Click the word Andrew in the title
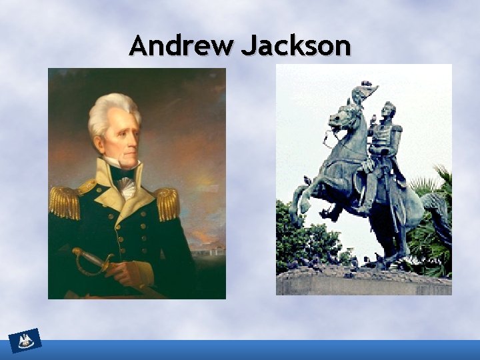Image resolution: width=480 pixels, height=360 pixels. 181,46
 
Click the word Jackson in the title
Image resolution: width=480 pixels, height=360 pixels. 295,46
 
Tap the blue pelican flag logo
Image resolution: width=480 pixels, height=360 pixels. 26,341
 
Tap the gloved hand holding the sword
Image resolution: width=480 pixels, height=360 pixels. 131,271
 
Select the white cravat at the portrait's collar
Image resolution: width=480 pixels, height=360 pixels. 126,187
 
